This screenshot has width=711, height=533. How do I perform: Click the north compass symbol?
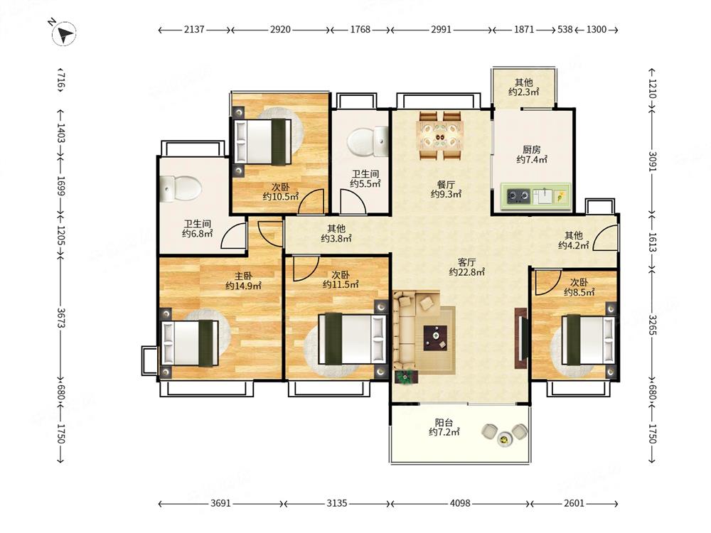pyautogui.click(x=63, y=33)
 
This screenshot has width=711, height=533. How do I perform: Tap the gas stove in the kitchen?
pyautogui.click(x=518, y=196)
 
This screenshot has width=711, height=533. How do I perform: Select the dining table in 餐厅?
pyautogui.click(x=440, y=136)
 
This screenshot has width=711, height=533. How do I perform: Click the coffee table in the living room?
pyautogui.click(x=436, y=338)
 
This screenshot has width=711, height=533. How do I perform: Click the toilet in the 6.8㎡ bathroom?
pyautogui.click(x=181, y=188)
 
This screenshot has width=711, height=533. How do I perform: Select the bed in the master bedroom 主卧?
pyautogui.click(x=190, y=343)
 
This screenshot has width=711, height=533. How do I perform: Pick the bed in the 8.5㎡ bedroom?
pyautogui.click(x=588, y=340)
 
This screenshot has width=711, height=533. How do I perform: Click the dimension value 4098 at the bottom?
pyautogui.click(x=460, y=503)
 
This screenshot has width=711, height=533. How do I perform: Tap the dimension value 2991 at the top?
pyautogui.click(x=441, y=29)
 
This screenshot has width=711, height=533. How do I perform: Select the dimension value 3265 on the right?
pyautogui.click(x=652, y=325)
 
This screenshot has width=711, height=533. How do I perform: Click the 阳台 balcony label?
pyautogui.click(x=444, y=422)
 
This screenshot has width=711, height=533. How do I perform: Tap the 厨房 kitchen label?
pyautogui.click(x=531, y=149)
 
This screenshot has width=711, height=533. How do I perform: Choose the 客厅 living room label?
pyautogui.click(x=466, y=262)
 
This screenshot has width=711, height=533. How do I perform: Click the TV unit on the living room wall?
pyautogui.click(x=520, y=338)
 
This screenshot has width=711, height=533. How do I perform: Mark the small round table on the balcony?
pyautogui.click(x=504, y=438)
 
